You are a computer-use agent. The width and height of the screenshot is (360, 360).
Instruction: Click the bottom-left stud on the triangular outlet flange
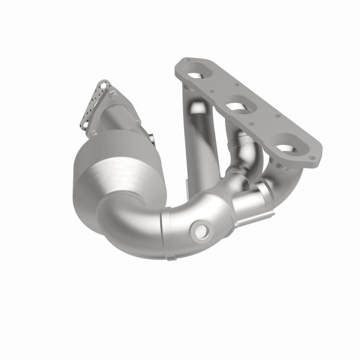94,134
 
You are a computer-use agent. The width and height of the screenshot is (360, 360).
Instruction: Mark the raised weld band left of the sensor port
166,236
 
